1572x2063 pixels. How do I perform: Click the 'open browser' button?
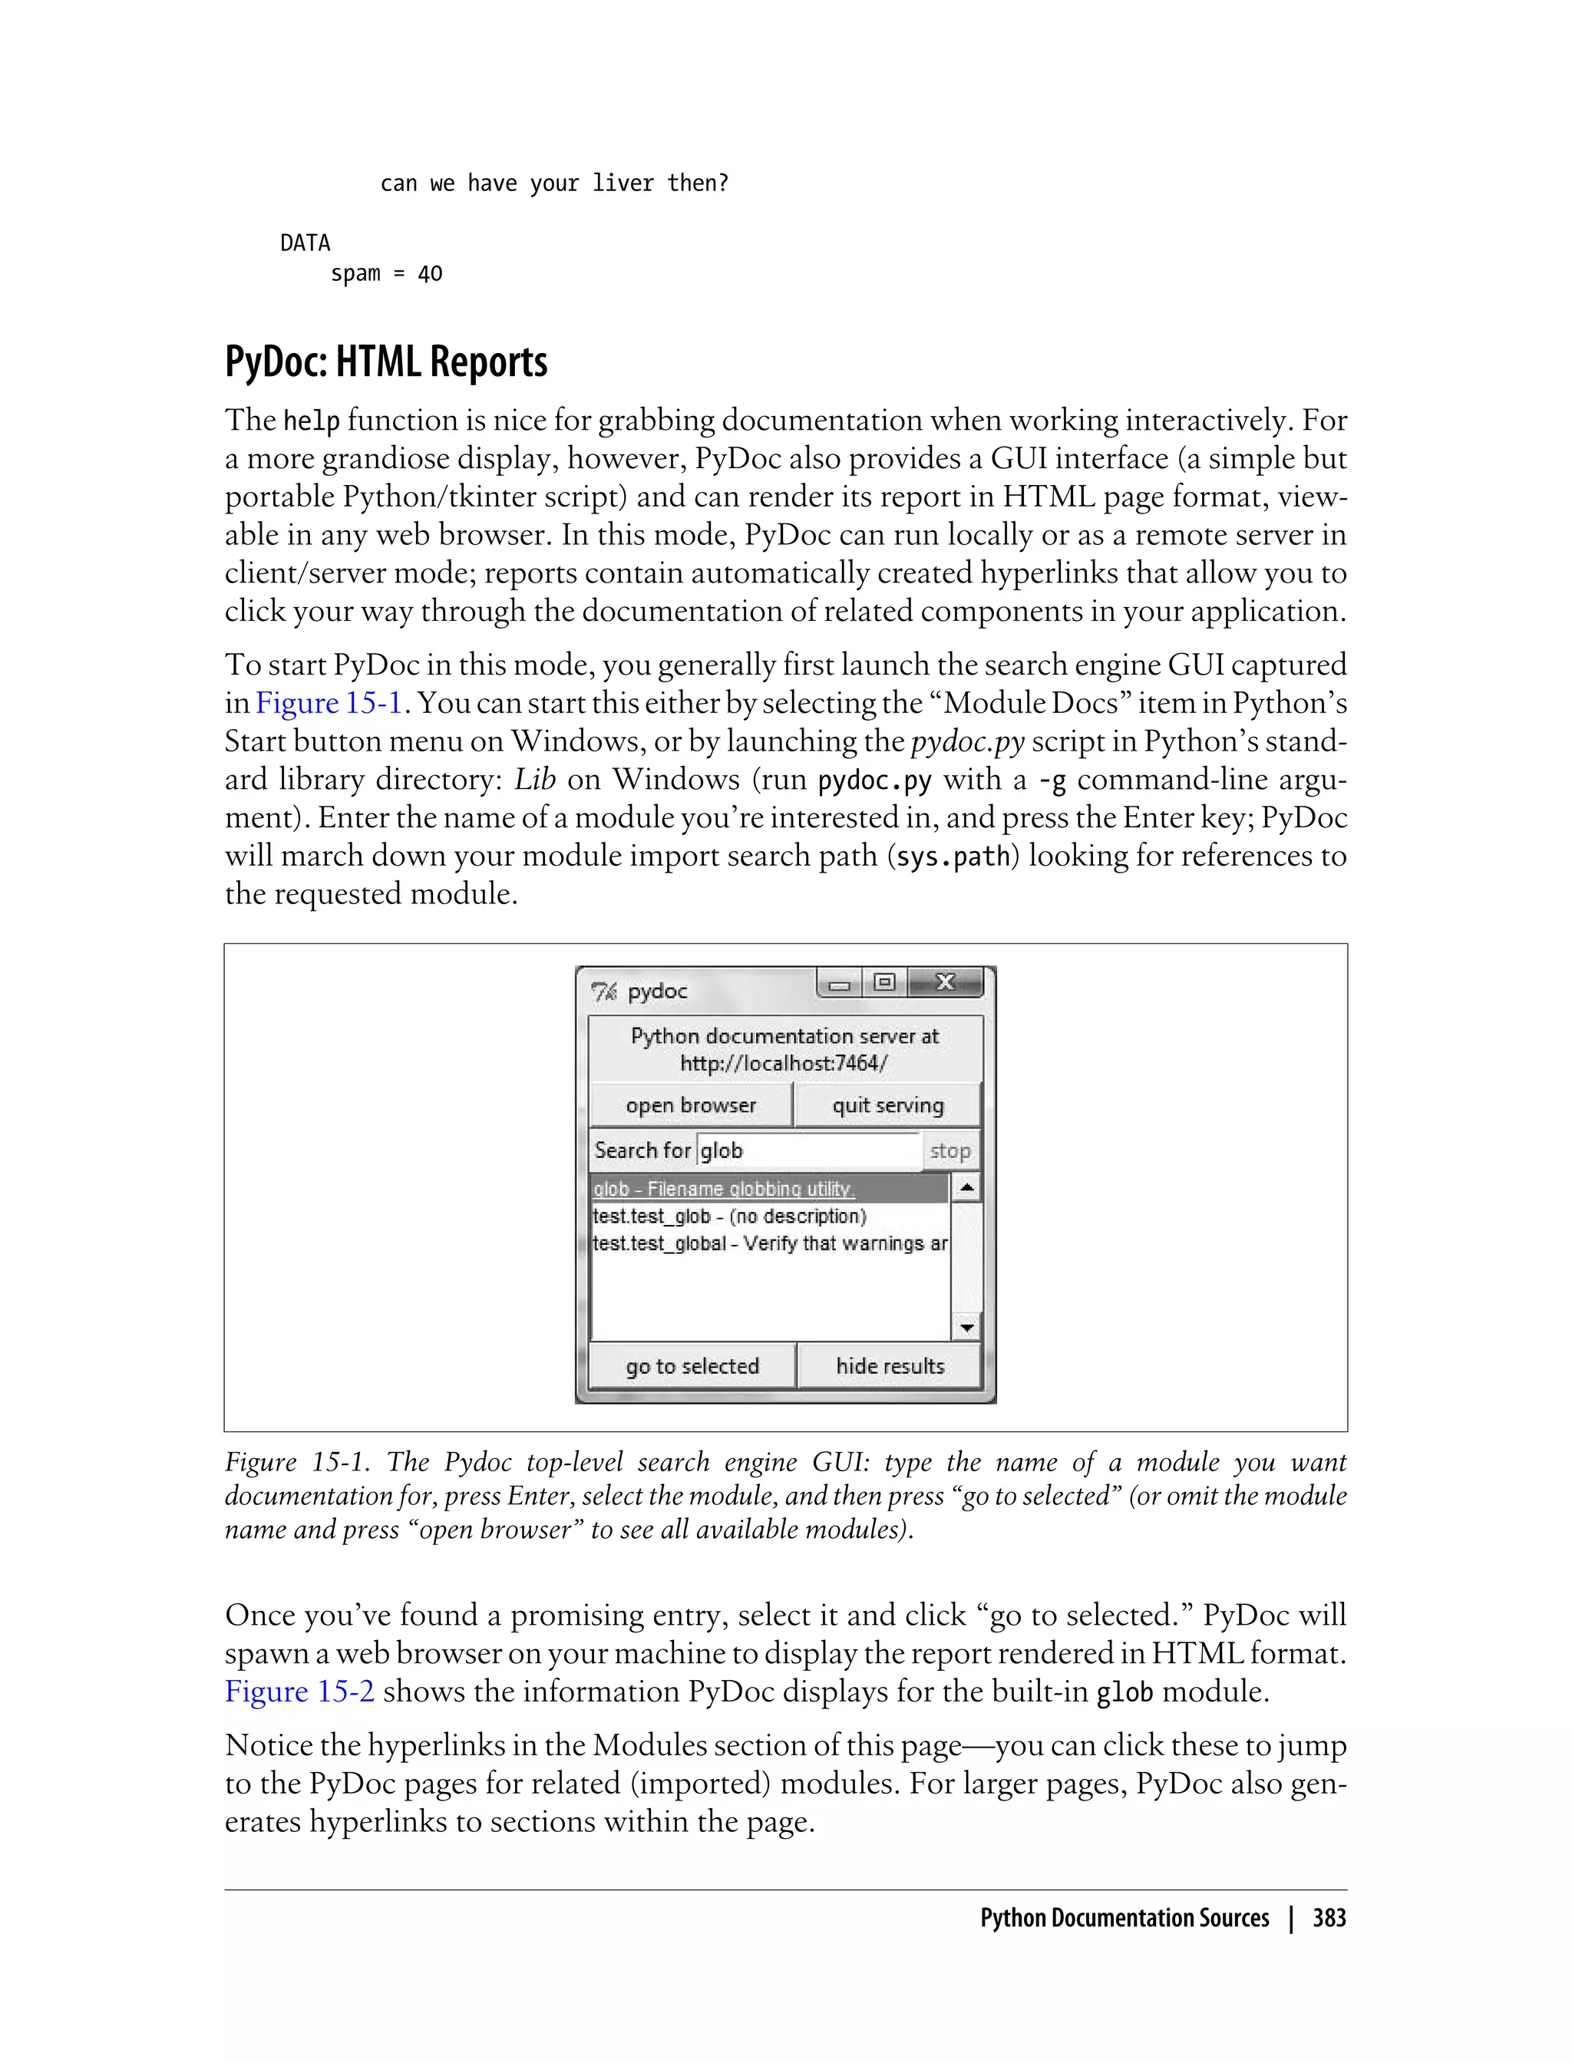pyautogui.click(x=691, y=1105)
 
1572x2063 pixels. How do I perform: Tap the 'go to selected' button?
pyautogui.click(x=692, y=1366)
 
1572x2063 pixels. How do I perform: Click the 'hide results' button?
pyautogui.click(x=889, y=1366)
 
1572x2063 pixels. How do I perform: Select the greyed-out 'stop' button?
pyautogui.click(x=949, y=1150)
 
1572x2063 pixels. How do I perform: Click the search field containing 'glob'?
pyautogui.click(x=809, y=1150)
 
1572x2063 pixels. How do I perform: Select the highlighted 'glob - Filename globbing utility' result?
pyautogui.click(x=723, y=1189)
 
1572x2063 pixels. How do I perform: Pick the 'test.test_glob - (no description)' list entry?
pyautogui.click(x=730, y=1216)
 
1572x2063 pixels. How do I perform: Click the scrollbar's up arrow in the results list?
pyautogui.click(x=966, y=1188)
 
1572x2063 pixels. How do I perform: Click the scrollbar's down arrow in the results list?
pyautogui.click(x=966, y=1327)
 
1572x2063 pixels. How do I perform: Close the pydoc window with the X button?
pyautogui.click(x=945, y=982)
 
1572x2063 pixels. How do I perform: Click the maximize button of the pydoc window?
pyautogui.click(x=884, y=982)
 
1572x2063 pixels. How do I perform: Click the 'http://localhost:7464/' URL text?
pyautogui.click(x=784, y=1064)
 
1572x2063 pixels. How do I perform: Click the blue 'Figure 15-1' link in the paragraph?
pyautogui.click(x=329, y=703)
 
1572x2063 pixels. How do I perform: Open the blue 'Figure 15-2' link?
pyautogui.click(x=299, y=1692)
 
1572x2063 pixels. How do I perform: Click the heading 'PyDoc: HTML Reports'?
pyautogui.click(x=385, y=362)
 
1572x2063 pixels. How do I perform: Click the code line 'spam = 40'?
pyautogui.click(x=385, y=274)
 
